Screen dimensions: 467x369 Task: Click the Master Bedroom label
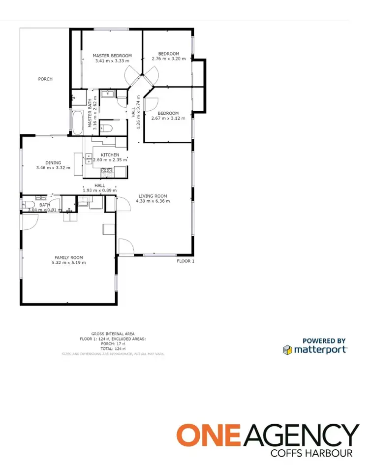pyautogui.click(x=112, y=56)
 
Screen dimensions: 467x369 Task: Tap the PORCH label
pyautogui.click(x=45, y=79)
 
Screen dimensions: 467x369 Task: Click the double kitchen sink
pyautogui.click(x=89, y=157)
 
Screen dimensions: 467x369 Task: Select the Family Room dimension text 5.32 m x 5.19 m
pyautogui.click(x=69, y=262)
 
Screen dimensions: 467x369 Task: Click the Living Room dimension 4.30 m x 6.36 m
pyautogui.click(x=154, y=201)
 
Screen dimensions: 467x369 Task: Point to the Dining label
pyautogui.click(x=53, y=162)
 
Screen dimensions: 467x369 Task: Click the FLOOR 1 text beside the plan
pyautogui.click(x=185, y=261)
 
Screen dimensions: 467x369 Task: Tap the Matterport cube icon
pyautogui.click(x=287, y=349)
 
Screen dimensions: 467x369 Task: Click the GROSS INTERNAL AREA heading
pyautogui.click(x=113, y=334)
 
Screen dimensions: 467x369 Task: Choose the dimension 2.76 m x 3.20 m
pyautogui.click(x=168, y=59)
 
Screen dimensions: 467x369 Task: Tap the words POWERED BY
pyautogui.click(x=324, y=341)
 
